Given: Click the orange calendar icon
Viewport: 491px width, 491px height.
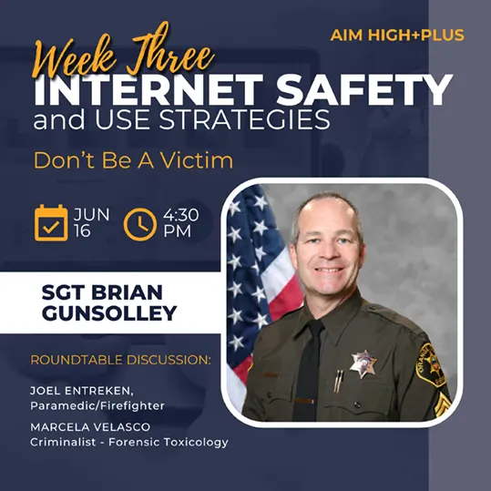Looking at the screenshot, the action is [51, 223].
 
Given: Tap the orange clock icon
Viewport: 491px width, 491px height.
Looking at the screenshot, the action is [140, 224].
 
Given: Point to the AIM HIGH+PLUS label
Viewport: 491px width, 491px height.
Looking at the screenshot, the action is [397, 35].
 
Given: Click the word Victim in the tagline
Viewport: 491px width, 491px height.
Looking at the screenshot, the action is [197, 160].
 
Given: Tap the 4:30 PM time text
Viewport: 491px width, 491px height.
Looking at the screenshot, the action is [180, 223].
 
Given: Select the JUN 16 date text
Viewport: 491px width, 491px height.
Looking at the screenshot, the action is [91, 223].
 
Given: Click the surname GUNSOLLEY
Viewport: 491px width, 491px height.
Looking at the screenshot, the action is [109, 312].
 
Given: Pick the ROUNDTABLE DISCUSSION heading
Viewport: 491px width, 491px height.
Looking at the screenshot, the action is [120, 360].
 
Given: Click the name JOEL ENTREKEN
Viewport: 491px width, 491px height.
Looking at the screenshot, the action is [82, 391].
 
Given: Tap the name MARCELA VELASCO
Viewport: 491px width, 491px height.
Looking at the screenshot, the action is [90, 427].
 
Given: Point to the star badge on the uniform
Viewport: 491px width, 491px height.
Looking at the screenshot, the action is [363, 363].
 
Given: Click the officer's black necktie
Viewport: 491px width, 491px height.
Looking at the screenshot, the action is [309, 370].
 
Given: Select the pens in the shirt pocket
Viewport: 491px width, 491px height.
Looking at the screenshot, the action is [338, 381].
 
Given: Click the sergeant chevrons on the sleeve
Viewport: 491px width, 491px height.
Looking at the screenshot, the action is [442, 404].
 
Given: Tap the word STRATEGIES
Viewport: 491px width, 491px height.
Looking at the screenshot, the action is [244, 119].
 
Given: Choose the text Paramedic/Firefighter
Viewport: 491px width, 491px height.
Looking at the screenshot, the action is [97, 406].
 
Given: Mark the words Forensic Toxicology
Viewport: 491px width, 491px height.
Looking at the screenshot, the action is [169, 442].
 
